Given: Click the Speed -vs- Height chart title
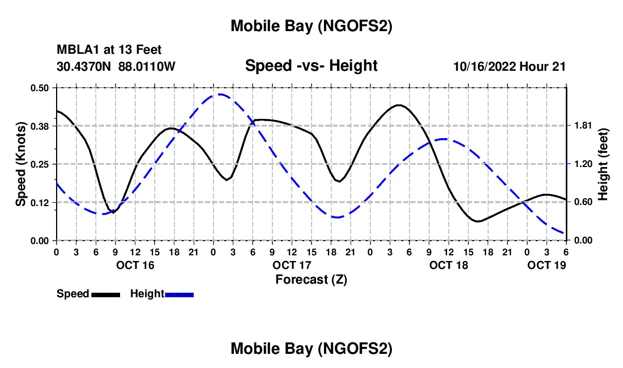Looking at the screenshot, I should tap(311, 66).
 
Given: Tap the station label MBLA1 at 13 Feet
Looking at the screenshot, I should tap(109, 50).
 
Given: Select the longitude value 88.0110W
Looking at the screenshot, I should tap(147, 67).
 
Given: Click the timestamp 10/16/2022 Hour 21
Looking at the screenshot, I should tap(509, 67).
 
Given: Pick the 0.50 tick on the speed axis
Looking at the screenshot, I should tap(40, 88).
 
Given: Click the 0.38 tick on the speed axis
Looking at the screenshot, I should tap(40, 126).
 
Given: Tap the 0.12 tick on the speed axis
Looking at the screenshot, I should tap(40, 202).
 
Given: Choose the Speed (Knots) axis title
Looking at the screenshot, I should tap(21, 164).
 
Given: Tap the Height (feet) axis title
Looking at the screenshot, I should tap(603, 164).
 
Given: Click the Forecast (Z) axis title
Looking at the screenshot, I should tap(311, 279).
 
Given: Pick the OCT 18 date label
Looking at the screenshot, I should tap(449, 265).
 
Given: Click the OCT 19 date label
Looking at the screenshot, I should tap(547, 265).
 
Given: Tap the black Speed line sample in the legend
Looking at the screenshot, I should tap(105, 294).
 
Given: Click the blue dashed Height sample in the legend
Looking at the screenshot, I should tap(179, 294).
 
